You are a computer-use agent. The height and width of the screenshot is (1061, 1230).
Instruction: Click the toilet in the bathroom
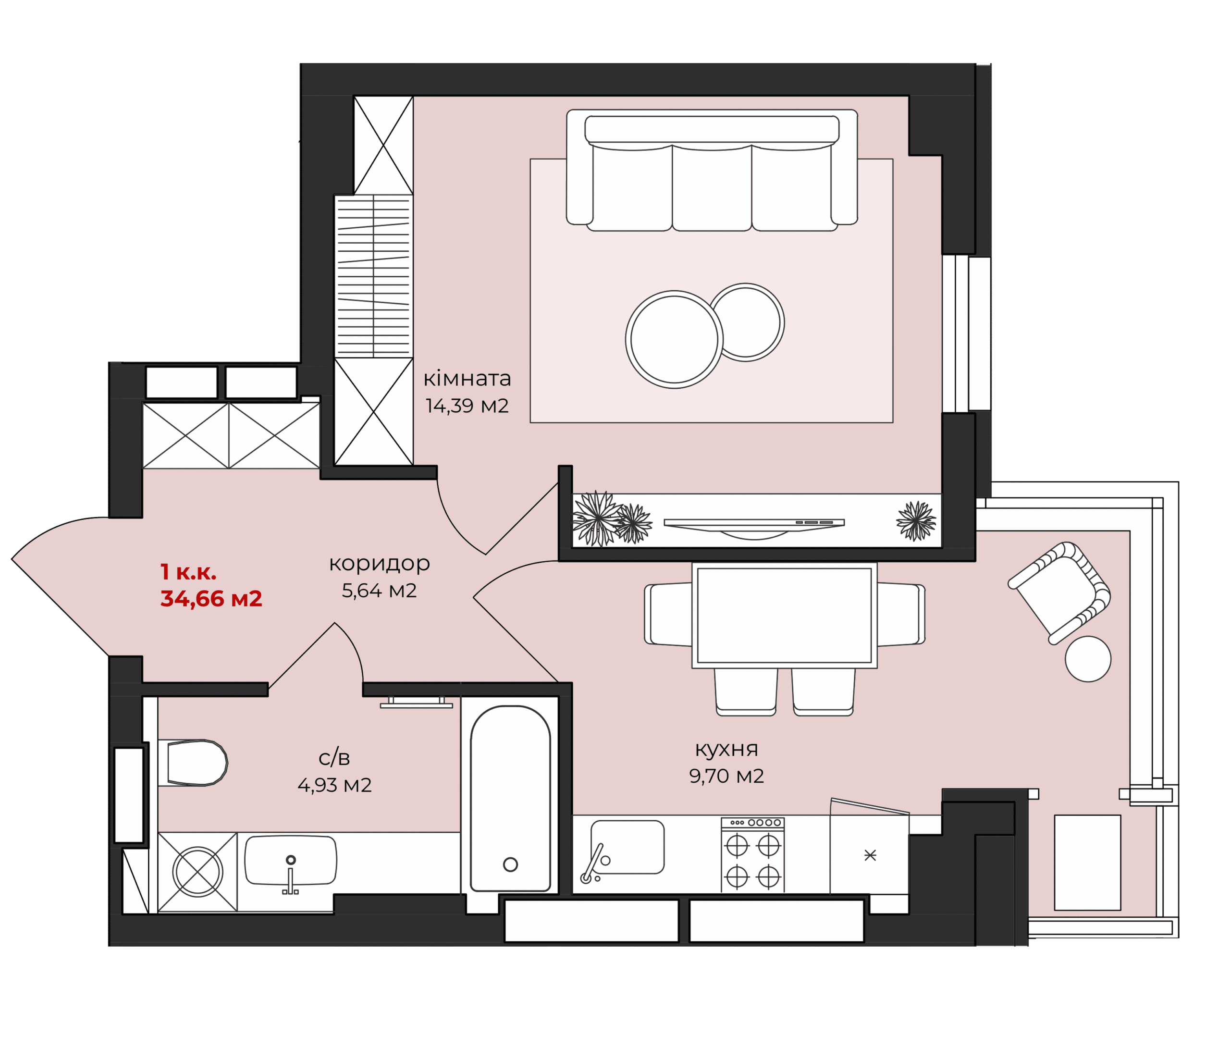193,763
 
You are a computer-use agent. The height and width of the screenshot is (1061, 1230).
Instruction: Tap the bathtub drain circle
511,864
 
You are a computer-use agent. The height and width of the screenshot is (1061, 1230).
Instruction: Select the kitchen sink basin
627,847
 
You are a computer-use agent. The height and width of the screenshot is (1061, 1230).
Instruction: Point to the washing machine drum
197,872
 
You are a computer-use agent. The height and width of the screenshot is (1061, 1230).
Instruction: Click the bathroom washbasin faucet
290,876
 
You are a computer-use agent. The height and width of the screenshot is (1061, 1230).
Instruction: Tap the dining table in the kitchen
784,616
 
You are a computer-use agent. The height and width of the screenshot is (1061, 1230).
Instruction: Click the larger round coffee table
675,340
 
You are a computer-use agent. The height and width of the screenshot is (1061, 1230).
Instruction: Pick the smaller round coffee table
746,322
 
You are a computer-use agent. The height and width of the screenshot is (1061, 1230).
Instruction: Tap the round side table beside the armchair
1088,659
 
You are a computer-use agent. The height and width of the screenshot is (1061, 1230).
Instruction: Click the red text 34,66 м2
211,598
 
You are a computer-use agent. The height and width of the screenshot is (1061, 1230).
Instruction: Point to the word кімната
467,378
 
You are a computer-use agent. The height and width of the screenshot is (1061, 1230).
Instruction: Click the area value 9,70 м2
726,776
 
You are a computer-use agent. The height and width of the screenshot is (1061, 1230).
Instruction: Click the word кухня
726,749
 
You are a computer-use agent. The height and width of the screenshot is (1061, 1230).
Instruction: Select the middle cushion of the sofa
712,187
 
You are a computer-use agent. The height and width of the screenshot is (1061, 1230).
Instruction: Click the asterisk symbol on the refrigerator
870,855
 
